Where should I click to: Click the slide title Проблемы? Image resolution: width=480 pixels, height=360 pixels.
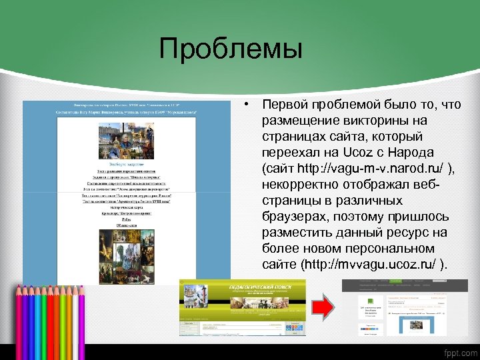(231, 49)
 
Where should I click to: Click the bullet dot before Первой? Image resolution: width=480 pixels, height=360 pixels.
(247, 105)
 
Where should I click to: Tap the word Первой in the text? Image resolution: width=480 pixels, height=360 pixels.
(285, 105)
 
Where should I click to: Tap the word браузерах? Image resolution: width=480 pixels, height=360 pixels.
(291, 217)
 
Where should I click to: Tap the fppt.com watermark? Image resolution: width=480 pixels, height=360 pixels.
(459, 352)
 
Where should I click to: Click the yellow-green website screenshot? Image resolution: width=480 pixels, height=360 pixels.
(243, 307)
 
